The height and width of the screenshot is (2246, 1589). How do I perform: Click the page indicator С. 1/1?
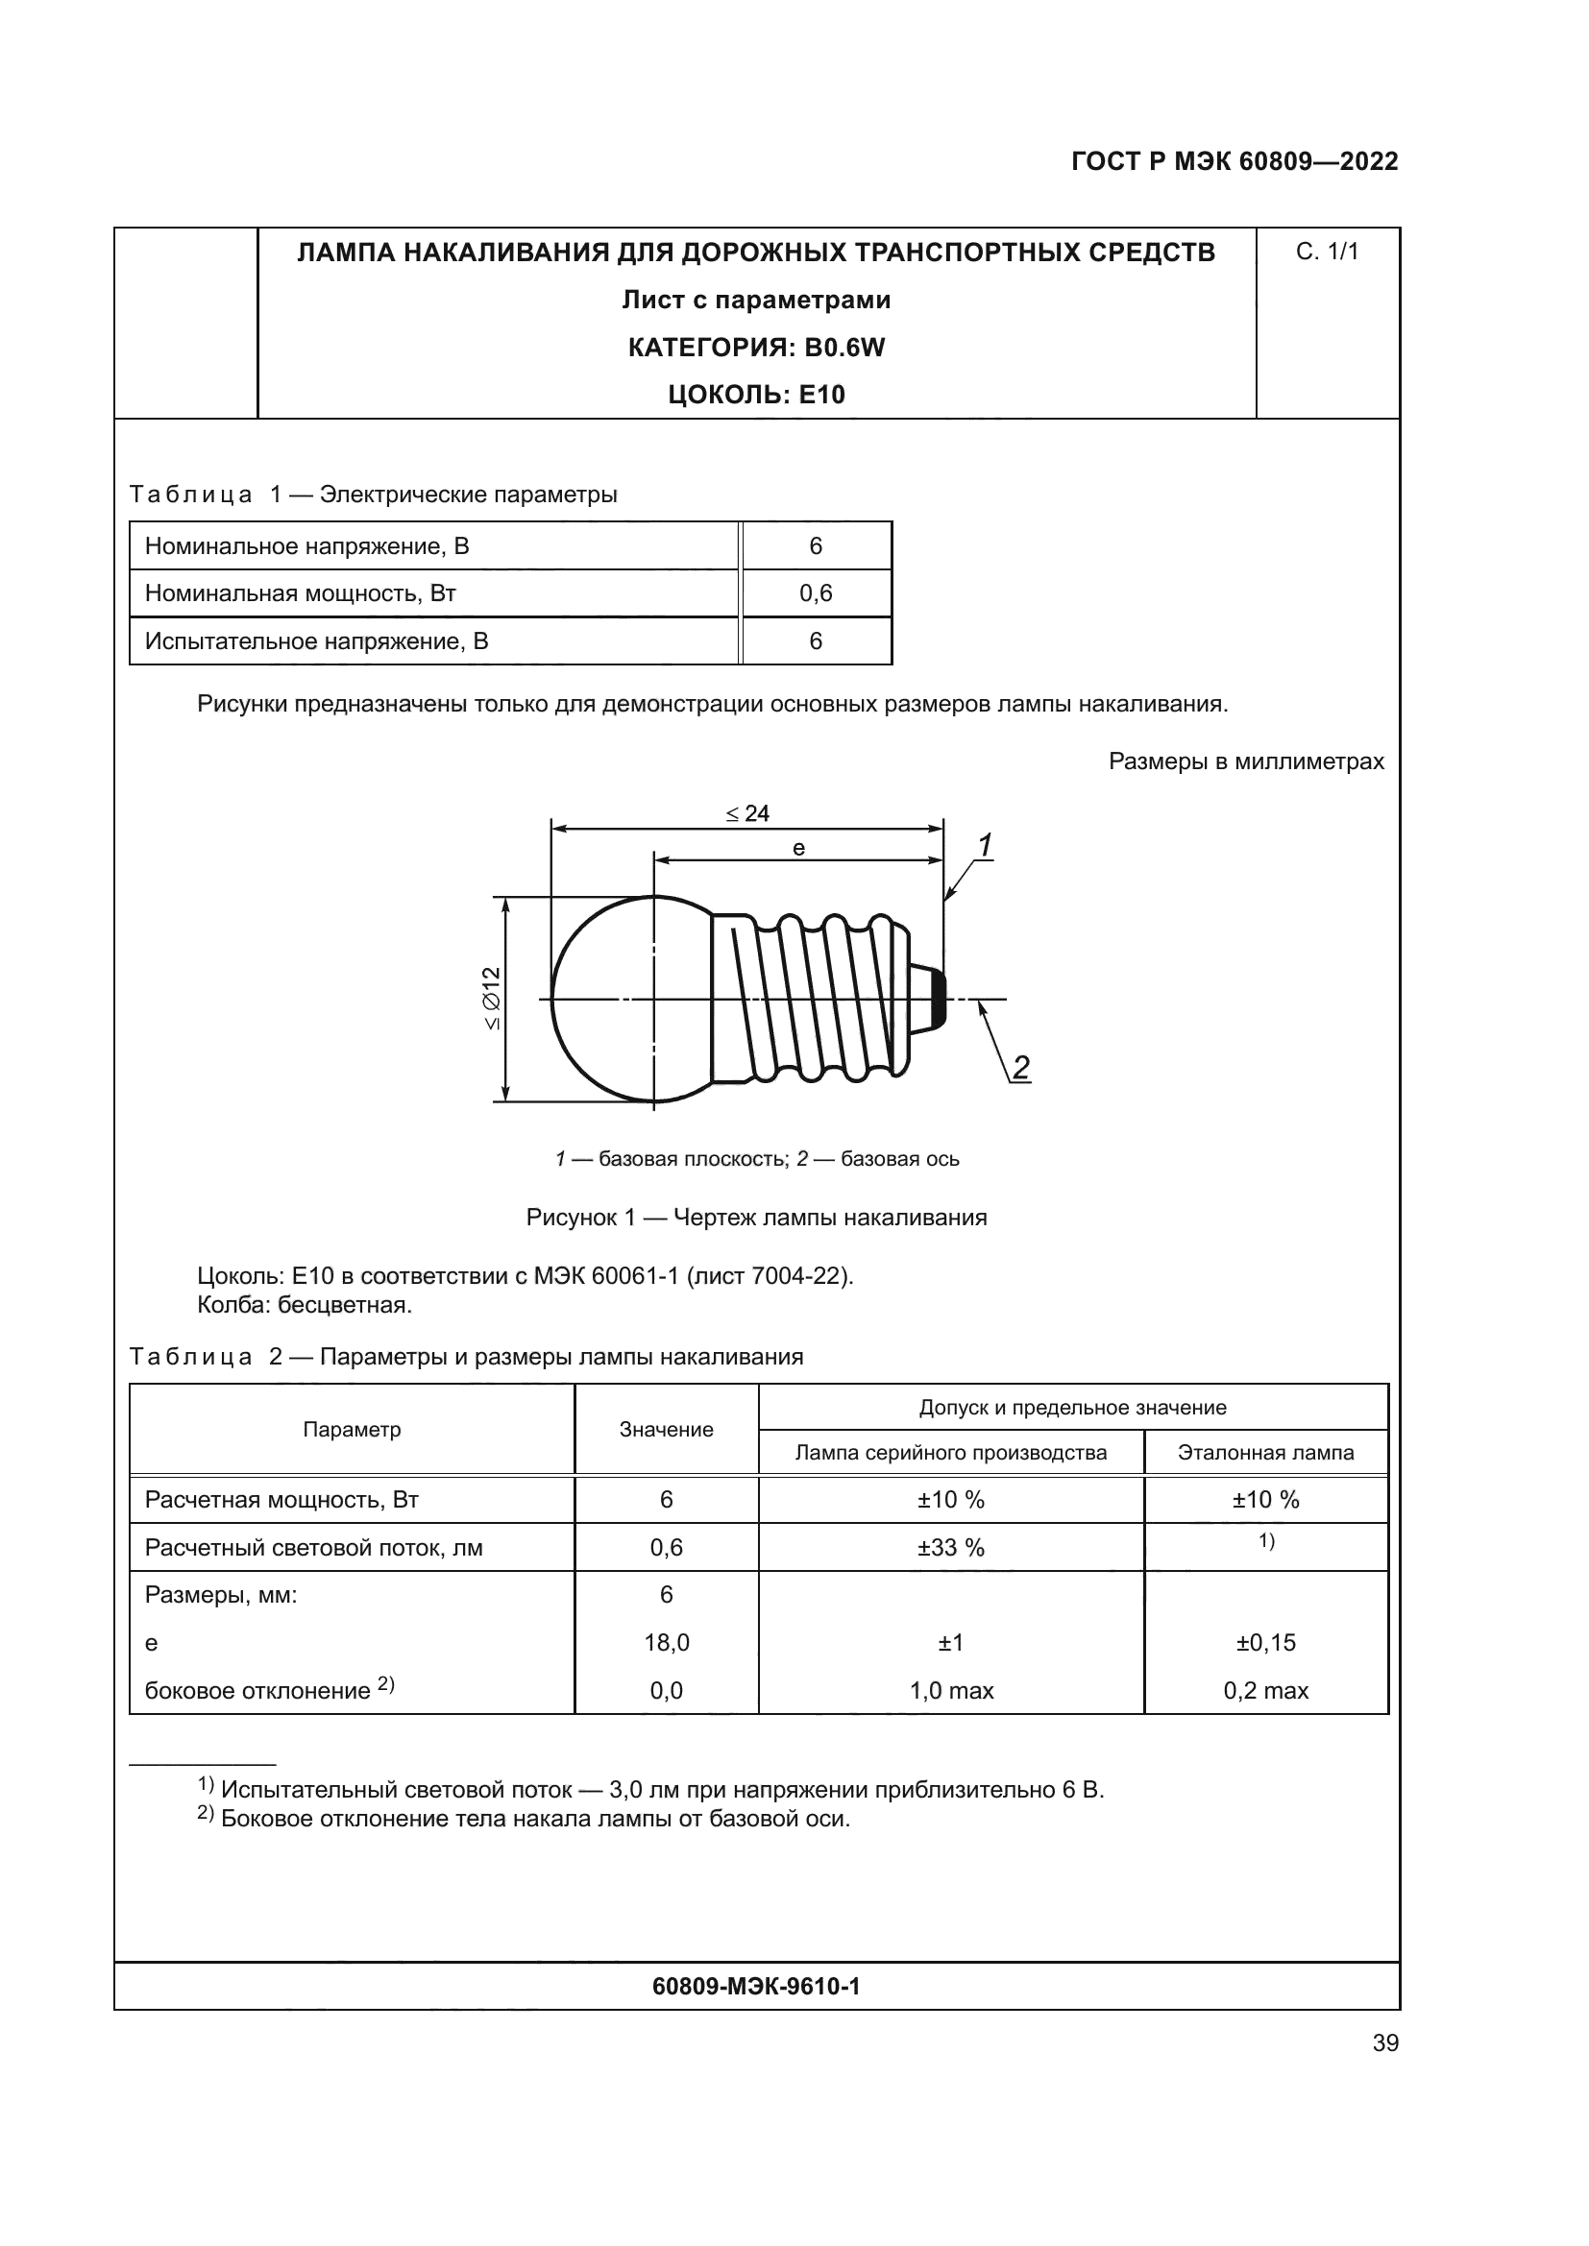pos(1327,253)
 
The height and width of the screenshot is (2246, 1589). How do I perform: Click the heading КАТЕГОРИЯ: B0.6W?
pos(755,348)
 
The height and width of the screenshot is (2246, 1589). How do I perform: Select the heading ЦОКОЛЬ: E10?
pos(755,396)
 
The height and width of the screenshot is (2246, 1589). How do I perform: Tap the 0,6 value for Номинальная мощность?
pos(815,593)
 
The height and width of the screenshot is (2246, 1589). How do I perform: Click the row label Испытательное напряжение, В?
pos(316,641)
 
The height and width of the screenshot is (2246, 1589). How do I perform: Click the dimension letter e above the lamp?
pos(798,849)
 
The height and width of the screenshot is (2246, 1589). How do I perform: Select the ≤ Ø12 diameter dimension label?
pos(491,998)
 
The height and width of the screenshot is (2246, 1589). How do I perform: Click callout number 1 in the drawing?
pos(985,844)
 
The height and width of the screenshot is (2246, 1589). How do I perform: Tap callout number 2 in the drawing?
pos(1020,1067)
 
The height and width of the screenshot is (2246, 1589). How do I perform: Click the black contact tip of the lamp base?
pos(938,999)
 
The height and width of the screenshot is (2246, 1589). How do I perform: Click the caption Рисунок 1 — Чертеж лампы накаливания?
pos(755,1218)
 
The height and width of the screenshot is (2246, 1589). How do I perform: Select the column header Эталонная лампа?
pos(1265,1453)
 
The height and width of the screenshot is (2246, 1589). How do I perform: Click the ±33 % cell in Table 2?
pos(950,1548)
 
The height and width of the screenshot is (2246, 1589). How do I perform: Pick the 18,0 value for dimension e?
pos(667,1642)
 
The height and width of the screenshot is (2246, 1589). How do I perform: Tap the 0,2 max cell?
pos(1265,1690)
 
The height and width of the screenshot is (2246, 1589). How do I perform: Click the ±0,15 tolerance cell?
pos(1265,1642)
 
